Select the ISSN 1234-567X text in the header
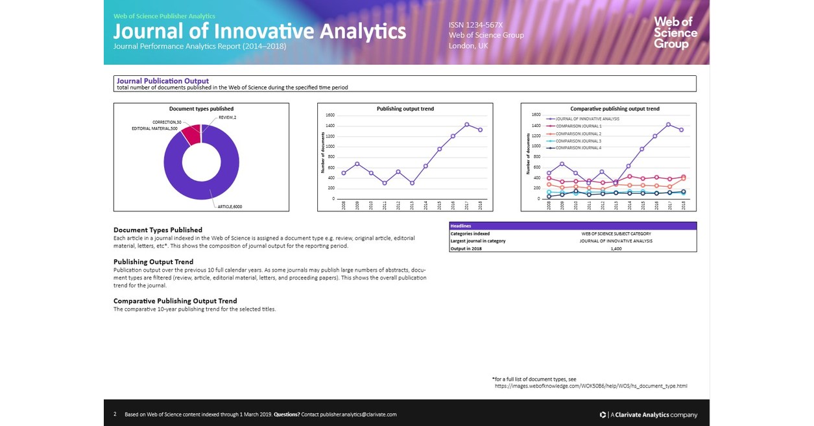coord(475,25)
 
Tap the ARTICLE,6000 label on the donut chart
coord(229,206)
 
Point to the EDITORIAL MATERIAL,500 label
coord(155,128)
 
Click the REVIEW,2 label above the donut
coord(227,117)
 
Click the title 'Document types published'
coord(201,109)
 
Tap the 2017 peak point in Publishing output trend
coord(466,124)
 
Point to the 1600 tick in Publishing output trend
coord(330,115)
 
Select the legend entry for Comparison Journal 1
coord(577,126)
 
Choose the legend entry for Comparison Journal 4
coord(577,148)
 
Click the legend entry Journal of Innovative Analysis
coord(586,119)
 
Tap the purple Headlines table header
coord(572,226)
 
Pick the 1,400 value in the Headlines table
coord(616,248)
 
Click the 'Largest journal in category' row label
coord(478,241)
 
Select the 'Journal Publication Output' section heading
coord(163,81)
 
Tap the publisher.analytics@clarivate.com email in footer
coord(358,414)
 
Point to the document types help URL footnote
coord(590,386)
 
